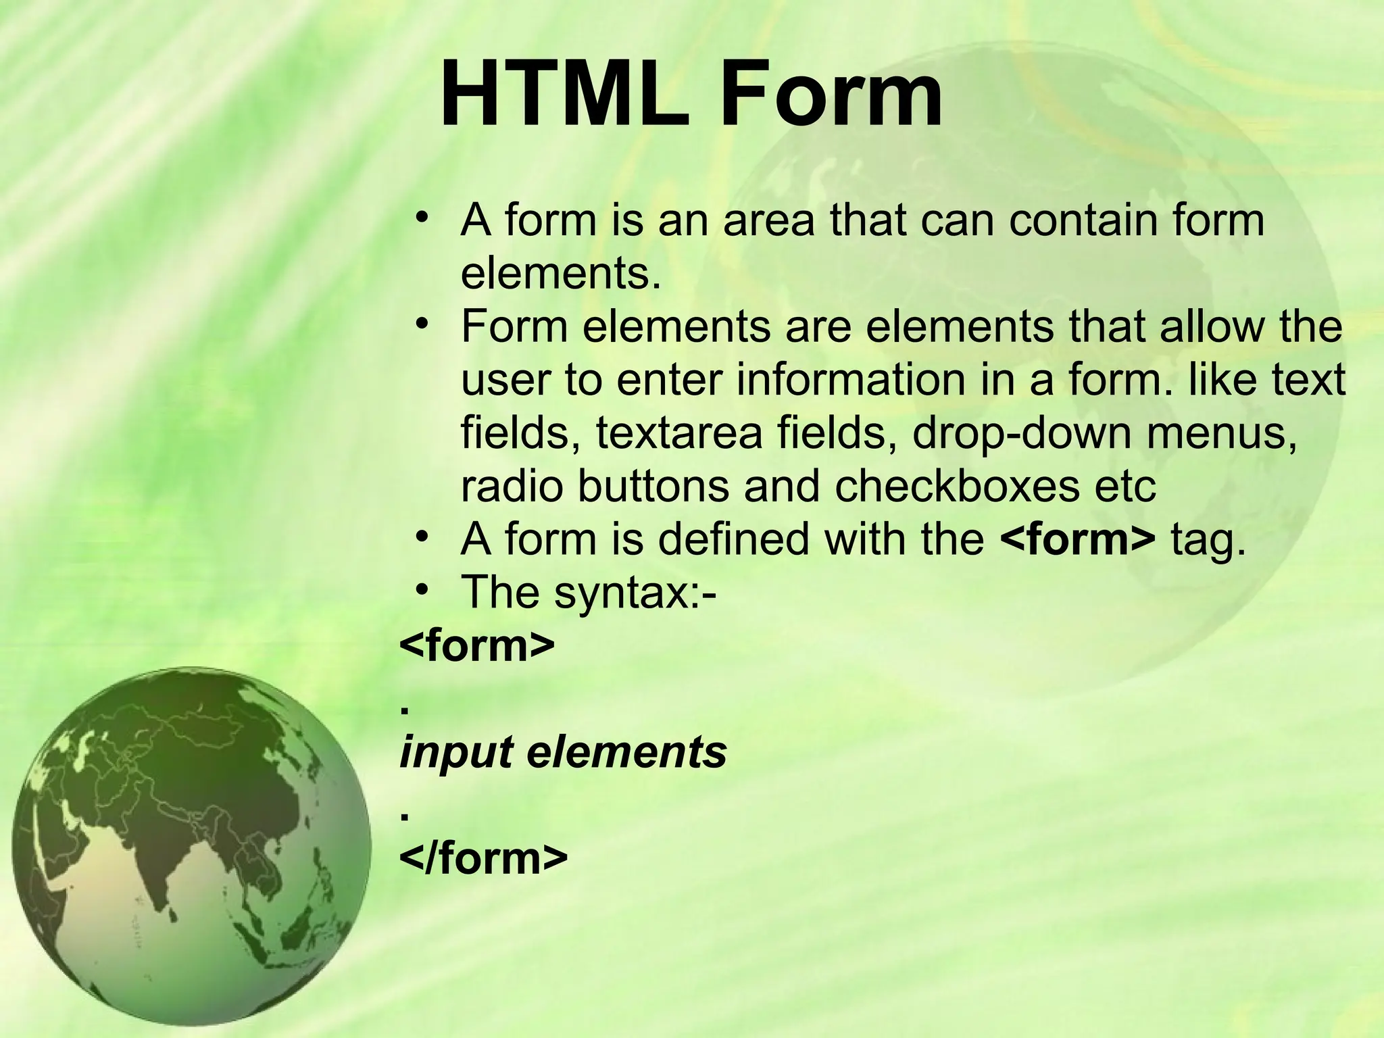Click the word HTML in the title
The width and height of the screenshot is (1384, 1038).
[565, 94]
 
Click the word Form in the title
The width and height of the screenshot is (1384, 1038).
[831, 94]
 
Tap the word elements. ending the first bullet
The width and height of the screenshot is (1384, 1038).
[560, 273]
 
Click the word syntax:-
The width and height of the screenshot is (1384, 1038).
[635, 593]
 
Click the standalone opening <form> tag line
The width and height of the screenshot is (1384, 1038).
[477, 645]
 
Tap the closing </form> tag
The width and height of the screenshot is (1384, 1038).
[484, 858]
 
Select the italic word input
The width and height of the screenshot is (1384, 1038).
[456, 753]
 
